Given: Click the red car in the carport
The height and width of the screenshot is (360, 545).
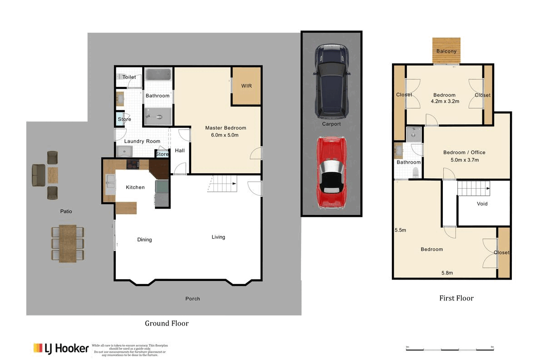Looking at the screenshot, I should pyautogui.click(x=332, y=173).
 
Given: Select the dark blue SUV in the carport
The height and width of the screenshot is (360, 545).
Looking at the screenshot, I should pyautogui.click(x=332, y=80).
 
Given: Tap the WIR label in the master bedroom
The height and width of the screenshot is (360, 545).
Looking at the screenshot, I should pyautogui.click(x=247, y=86).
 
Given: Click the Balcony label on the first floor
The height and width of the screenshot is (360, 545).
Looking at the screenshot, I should pyautogui.click(x=446, y=51).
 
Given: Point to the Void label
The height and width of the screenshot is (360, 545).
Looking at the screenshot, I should pyautogui.click(x=482, y=204).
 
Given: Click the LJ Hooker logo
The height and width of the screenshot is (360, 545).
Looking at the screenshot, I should pyautogui.click(x=61, y=349).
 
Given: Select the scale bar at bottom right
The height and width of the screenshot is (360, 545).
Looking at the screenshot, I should pyautogui.click(x=450, y=349).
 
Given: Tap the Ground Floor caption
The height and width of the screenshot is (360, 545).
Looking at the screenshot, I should pyautogui.click(x=167, y=323).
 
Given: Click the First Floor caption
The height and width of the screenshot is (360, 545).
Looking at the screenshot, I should pyautogui.click(x=456, y=298).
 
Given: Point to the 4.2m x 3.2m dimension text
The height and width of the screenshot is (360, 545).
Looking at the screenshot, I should pyautogui.click(x=444, y=101).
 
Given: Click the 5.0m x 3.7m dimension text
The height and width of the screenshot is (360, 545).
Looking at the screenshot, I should pyautogui.click(x=464, y=160).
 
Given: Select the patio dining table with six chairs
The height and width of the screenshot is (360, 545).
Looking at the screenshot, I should pyautogui.click(x=68, y=243).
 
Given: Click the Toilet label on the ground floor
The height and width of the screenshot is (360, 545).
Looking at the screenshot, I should pyautogui.click(x=129, y=77).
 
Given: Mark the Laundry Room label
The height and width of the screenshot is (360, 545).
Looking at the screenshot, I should pyautogui.click(x=142, y=141).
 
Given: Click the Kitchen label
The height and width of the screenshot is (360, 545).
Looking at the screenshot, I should pyautogui.click(x=135, y=187).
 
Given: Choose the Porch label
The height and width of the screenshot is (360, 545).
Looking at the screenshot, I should pyautogui.click(x=193, y=299).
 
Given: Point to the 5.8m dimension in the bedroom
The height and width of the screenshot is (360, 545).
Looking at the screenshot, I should pyautogui.click(x=447, y=273).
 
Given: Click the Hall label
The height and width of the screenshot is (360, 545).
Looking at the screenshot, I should pyautogui.click(x=180, y=150).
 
